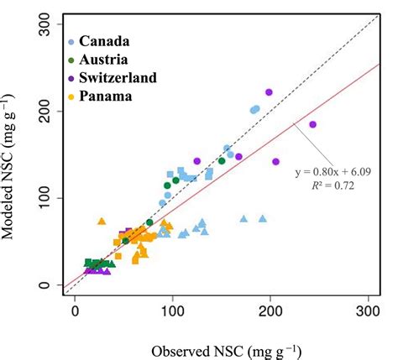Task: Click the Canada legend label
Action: [104, 41]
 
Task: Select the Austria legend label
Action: [104, 59]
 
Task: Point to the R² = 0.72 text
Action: [333, 186]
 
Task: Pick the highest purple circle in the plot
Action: [269, 92]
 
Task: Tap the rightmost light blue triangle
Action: [263, 218]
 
